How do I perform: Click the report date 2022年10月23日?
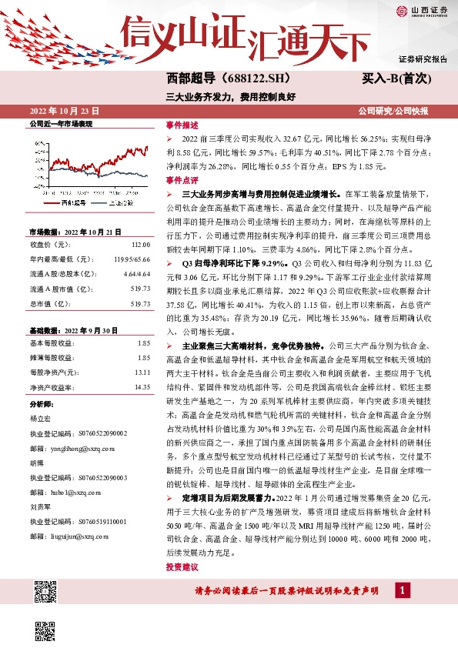(65, 112)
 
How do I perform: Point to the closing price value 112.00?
(139, 244)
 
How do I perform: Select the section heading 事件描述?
(182, 124)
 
